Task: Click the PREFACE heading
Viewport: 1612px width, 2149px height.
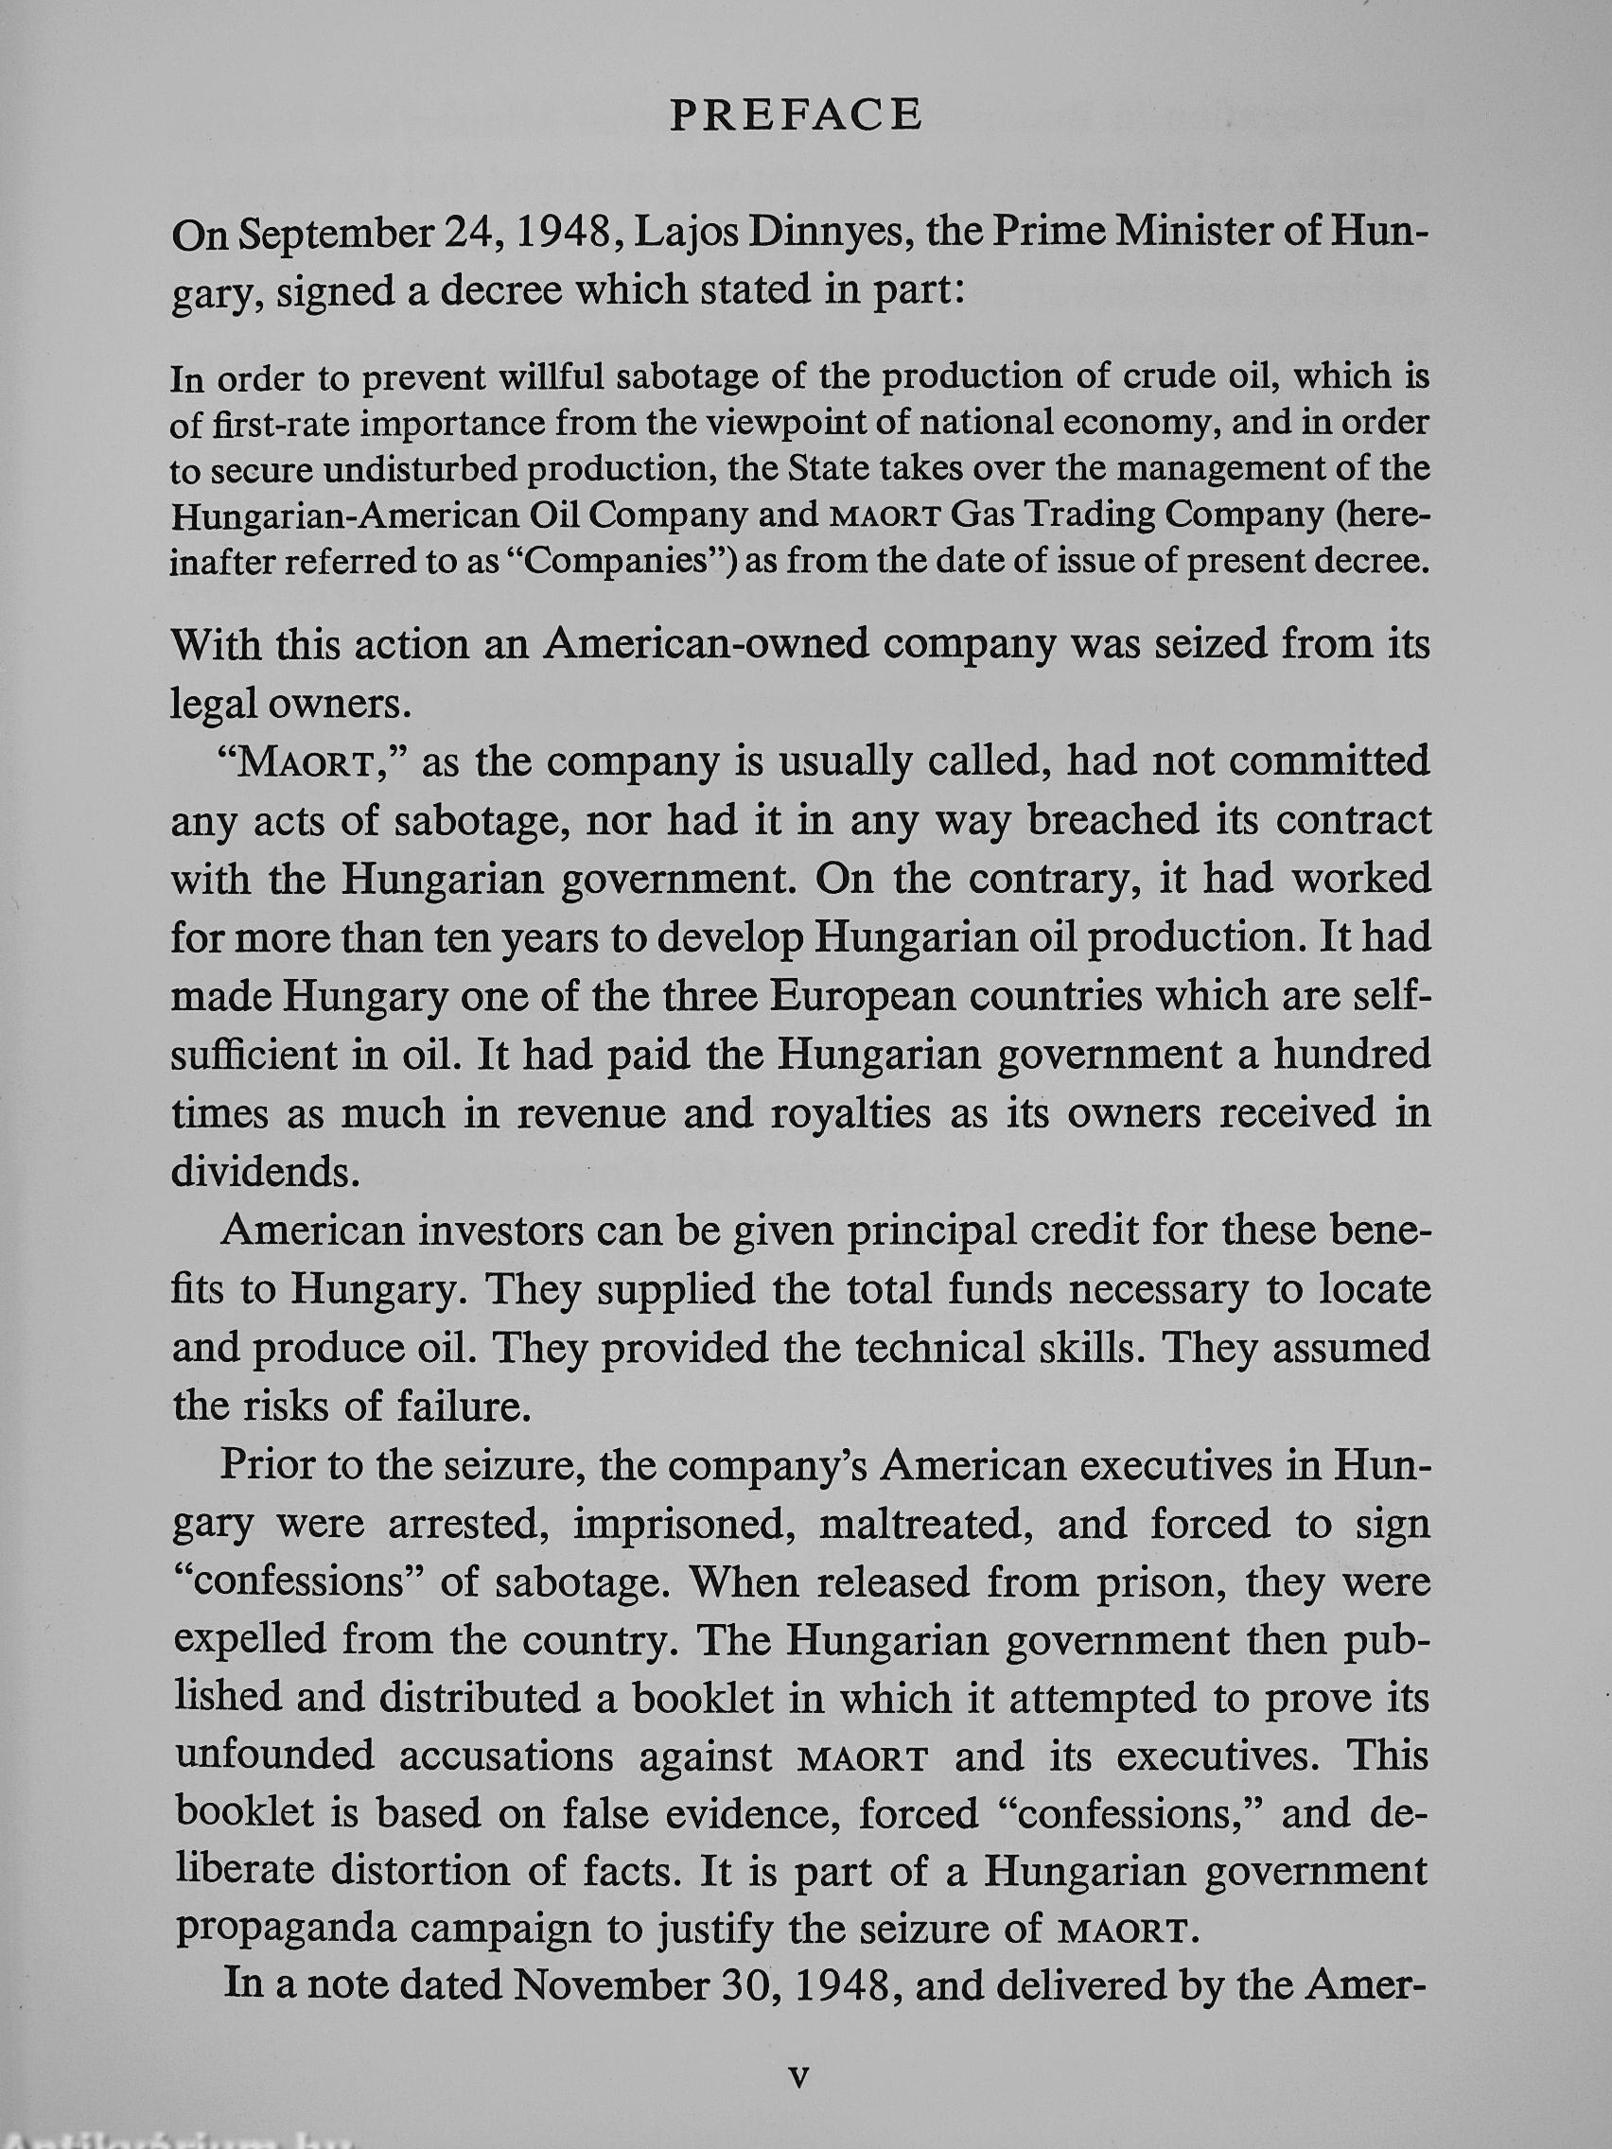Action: (x=796, y=115)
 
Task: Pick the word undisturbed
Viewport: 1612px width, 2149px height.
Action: (x=421, y=470)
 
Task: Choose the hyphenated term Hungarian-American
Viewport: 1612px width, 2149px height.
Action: (x=373, y=515)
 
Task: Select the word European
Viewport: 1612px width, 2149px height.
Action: (x=872, y=997)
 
